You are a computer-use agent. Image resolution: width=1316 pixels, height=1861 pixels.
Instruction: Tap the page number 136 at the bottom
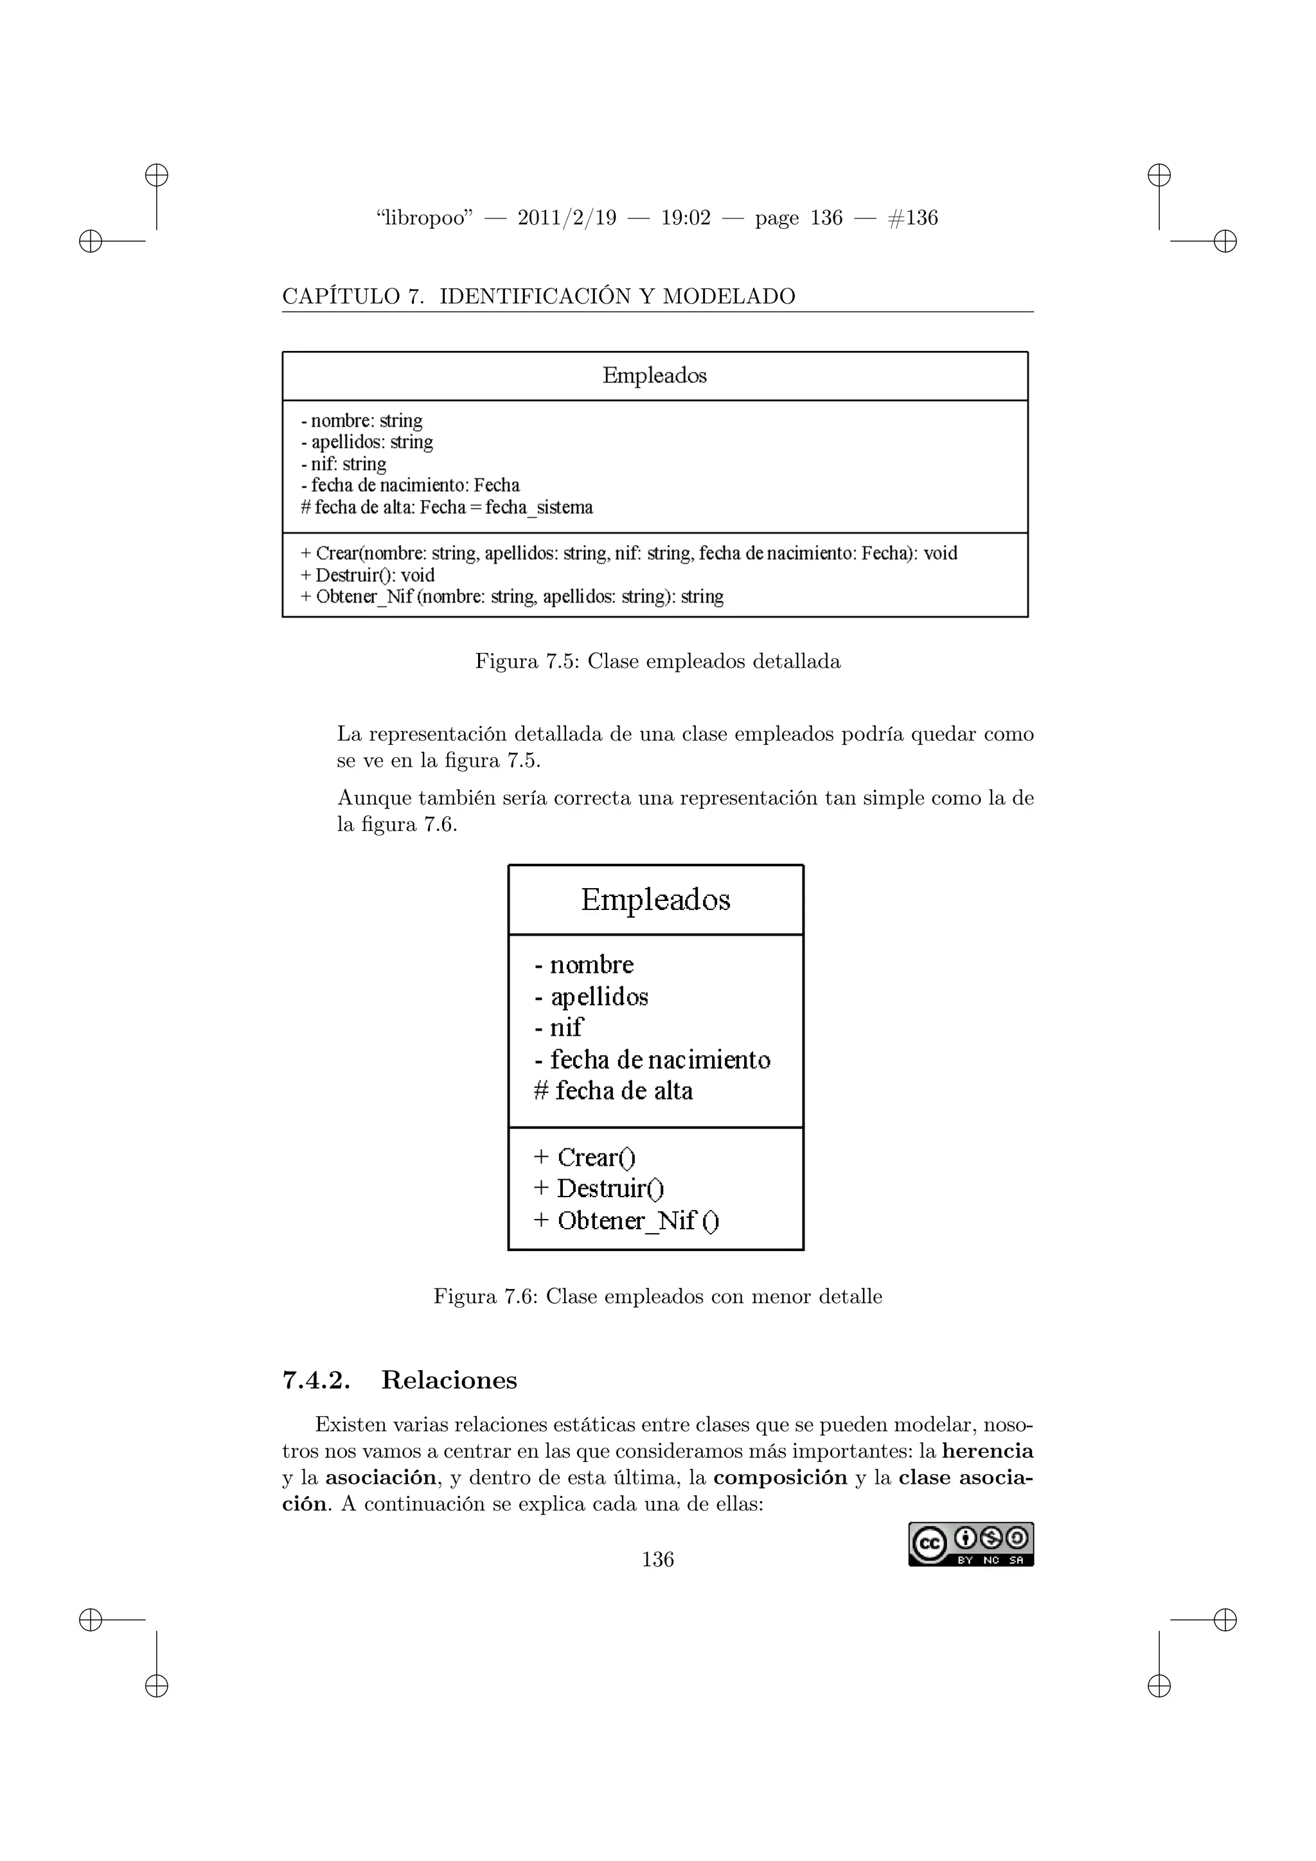(657, 1559)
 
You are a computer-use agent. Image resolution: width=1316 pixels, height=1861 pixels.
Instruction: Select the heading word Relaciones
(449, 1380)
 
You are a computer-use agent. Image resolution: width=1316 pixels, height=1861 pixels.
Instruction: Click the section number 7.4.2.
(316, 1380)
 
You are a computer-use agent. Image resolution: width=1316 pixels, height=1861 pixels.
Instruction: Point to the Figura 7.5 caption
(657, 661)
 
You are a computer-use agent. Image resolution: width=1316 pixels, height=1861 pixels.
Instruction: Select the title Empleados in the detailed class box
(654, 375)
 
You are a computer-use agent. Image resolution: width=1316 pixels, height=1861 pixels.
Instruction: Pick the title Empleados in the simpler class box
(655, 899)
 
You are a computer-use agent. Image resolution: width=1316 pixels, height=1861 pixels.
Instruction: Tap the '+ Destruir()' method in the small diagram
(599, 1188)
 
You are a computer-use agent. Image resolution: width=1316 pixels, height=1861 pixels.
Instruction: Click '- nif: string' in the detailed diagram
(344, 463)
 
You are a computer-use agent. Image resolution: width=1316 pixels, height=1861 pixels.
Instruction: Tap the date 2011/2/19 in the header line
(566, 218)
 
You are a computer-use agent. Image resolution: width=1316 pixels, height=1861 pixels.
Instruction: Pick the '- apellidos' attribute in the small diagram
(592, 996)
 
